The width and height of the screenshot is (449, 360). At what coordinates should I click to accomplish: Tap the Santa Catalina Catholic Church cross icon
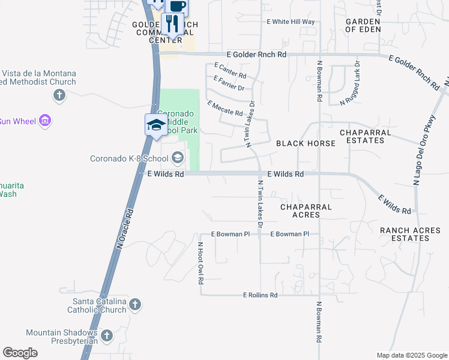135,305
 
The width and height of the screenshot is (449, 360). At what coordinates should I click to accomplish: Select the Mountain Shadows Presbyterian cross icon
107,336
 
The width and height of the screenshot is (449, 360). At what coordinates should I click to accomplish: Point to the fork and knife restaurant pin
173,24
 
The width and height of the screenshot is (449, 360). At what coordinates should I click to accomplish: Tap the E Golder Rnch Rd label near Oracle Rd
261,55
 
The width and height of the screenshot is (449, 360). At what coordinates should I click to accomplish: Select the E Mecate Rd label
225,109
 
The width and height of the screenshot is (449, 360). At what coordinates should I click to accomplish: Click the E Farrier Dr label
229,83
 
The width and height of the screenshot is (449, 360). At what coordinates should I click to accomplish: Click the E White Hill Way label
291,22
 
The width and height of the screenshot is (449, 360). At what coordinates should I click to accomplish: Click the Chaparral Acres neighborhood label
306,211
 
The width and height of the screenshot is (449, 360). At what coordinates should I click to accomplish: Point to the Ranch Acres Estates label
412,234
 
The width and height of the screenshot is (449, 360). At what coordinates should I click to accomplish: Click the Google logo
20,353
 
